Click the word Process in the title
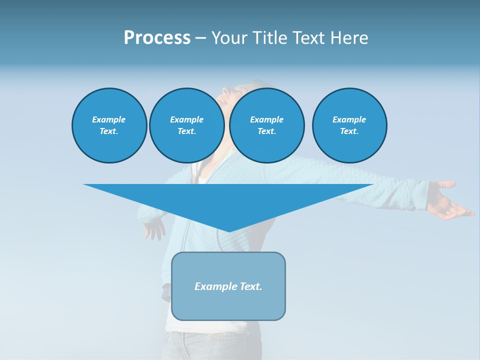(x=157, y=38)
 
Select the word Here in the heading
(x=348, y=38)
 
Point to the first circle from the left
(x=109, y=125)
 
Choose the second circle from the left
(x=186, y=125)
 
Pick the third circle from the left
(x=266, y=125)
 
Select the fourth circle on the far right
(x=349, y=125)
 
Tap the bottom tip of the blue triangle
(x=228, y=231)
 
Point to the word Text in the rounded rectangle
(x=251, y=286)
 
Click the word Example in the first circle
(x=109, y=119)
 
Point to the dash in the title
(x=200, y=38)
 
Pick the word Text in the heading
(x=306, y=38)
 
